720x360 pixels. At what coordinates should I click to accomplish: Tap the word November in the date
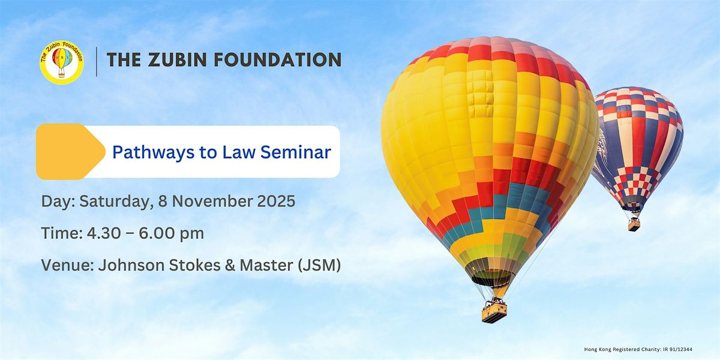pyautogui.click(x=206, y=202)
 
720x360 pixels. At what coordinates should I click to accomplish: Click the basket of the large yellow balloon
pyautogui.click(x=494, y=311)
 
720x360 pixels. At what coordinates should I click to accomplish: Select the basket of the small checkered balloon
pyautogui.click(x=634, y=224)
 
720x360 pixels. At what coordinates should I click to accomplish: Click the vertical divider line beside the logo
pyautogui.click(x=96, y=61)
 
